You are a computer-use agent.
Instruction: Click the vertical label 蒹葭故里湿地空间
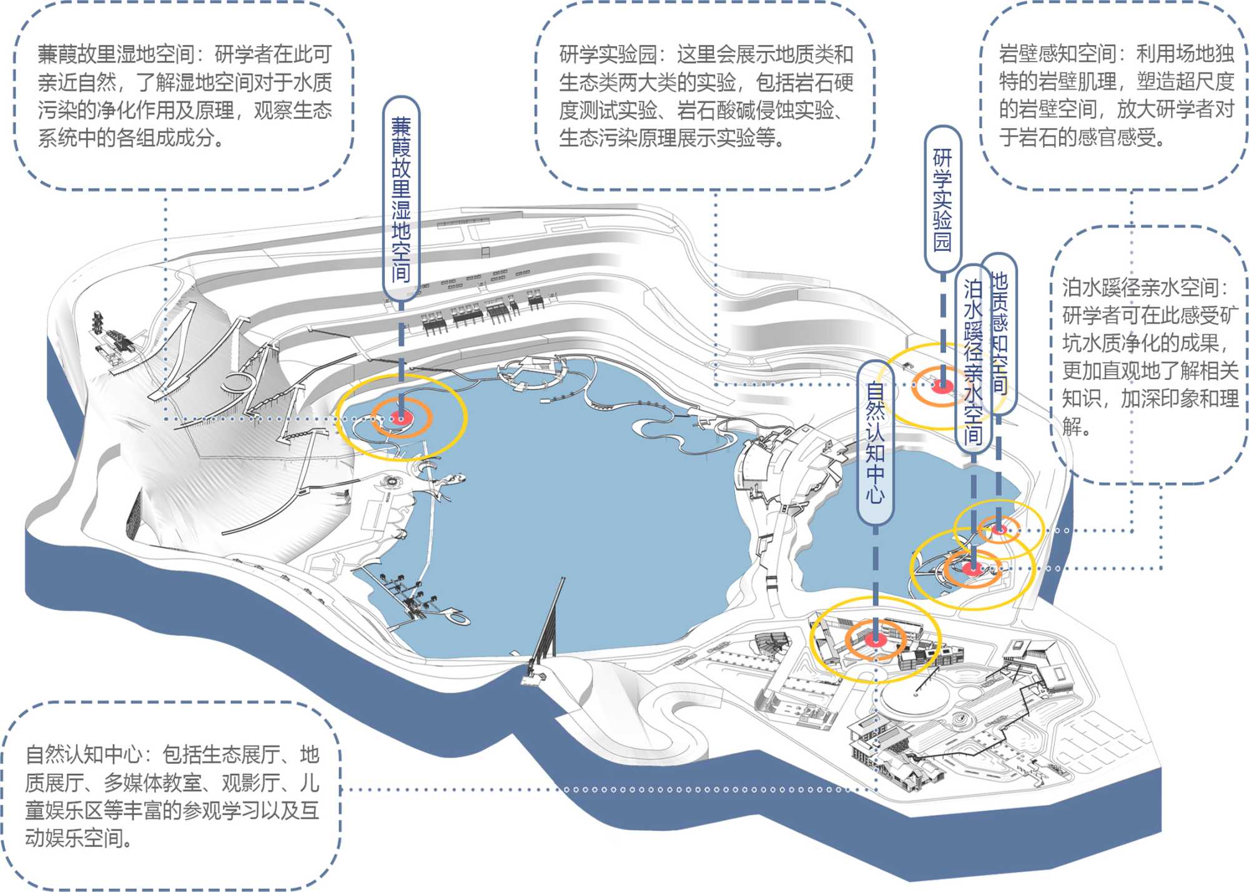point(401,200)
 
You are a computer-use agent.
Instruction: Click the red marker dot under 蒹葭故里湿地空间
point(401,417)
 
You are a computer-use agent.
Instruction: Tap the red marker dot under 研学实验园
point(942,385)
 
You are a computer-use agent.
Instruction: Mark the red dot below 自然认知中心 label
point(876,639)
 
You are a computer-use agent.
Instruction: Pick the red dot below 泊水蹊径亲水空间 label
point(973,568)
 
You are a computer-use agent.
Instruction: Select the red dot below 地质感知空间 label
point(999,530)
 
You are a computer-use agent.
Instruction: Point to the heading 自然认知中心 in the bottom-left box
point(84,755)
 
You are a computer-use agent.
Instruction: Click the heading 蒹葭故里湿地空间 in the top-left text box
point(116,55)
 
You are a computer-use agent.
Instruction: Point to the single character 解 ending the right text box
point(1073,427)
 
